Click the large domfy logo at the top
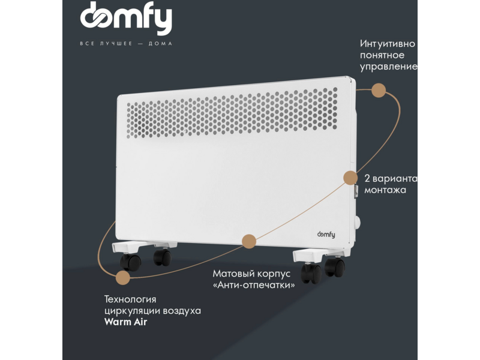pos(126,18)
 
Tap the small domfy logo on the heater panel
pos(326,235)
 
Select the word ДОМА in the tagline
pos(160,43)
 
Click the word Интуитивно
pos(388,44)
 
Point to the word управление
pos(389,67)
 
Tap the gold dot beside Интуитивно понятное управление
pos(379,91)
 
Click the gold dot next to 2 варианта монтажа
pos(350,178)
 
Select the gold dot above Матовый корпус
pos(249,242)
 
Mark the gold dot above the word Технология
pos(123,278)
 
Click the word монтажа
pos(385,190)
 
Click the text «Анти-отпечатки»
pos(254,285)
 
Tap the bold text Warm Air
pos(125,322)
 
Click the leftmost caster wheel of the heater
pos(130,263)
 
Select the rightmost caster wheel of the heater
pos(335,267)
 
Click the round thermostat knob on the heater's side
pos(357,223)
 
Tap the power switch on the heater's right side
pos(356,191)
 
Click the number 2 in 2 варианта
pos(367,178)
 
